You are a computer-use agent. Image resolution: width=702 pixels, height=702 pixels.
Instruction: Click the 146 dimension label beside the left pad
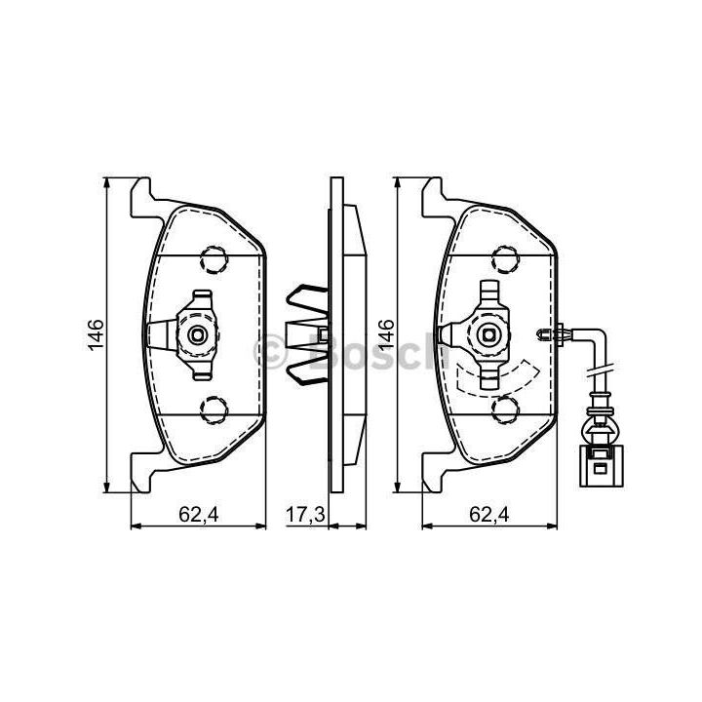point(96,334)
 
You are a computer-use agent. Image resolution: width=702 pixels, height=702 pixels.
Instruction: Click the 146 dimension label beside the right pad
point(386,334)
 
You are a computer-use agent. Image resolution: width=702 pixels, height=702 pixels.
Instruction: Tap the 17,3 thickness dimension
point(305,515)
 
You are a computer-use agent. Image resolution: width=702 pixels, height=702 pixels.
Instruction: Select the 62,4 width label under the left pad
point(199,515)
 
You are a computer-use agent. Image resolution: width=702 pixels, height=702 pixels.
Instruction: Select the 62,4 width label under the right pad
point(489,515)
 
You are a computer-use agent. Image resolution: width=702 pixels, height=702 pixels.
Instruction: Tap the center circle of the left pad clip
point(197,334)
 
